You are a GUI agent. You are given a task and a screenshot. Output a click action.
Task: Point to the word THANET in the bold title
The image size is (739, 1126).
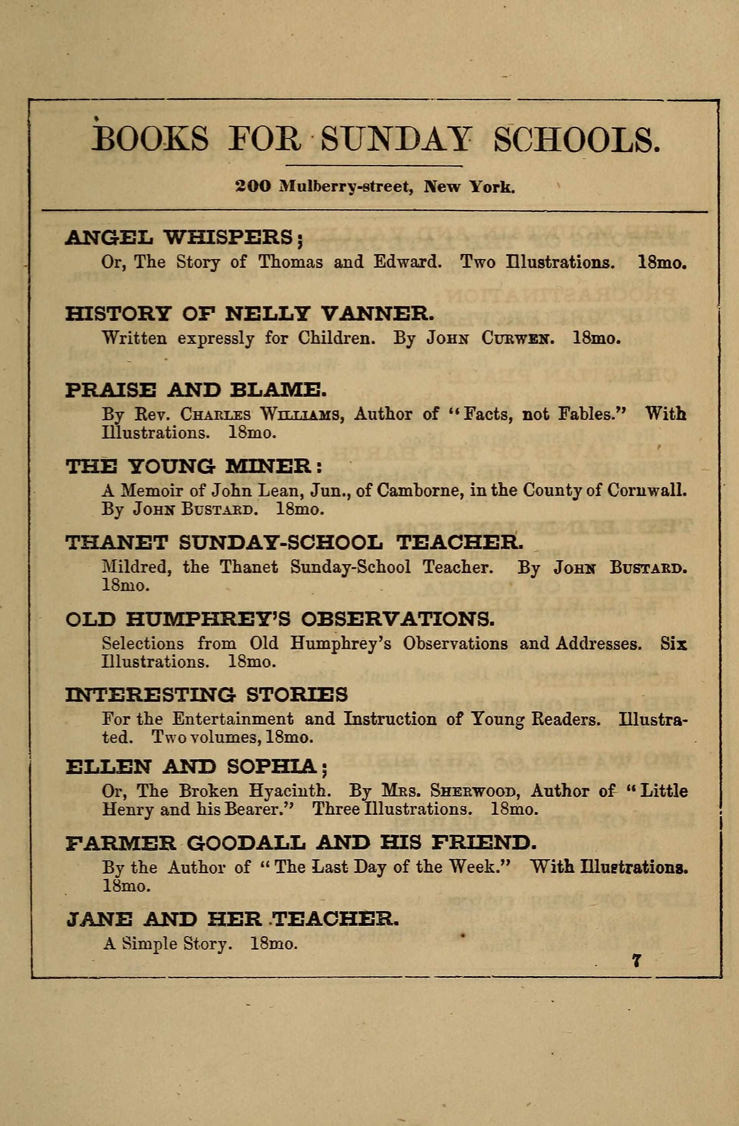(x=116, y=543)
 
